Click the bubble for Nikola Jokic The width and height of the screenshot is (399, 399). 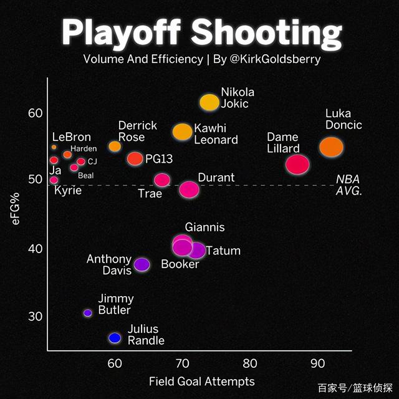coord(209,102)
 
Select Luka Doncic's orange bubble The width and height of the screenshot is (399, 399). coord(331,147)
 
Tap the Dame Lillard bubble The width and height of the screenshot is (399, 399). coord(297,165)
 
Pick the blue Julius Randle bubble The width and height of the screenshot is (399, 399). coord(115,338)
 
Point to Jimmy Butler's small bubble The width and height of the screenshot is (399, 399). coord(88,313)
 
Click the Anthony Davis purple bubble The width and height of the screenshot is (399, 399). coord(142,264)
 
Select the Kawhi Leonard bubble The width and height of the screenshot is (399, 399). coord(182,132)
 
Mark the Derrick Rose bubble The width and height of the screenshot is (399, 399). coord(115,147)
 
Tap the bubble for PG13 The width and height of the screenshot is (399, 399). coord(135,158)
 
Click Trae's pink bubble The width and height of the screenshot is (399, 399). coord(162,180)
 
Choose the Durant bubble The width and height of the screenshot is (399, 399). coord(188,189)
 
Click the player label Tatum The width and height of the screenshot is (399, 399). coord(223,251)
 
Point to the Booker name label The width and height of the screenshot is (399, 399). coord(180,264)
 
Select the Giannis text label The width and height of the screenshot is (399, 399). coord(204,228)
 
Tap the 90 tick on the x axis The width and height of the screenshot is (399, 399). coord(317,363)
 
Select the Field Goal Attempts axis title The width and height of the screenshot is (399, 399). coord(201,381)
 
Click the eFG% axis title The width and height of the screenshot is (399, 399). coord(17,209)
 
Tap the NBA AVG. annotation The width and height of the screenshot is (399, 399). coord(349,185)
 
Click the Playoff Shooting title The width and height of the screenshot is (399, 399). coord(201,32)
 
